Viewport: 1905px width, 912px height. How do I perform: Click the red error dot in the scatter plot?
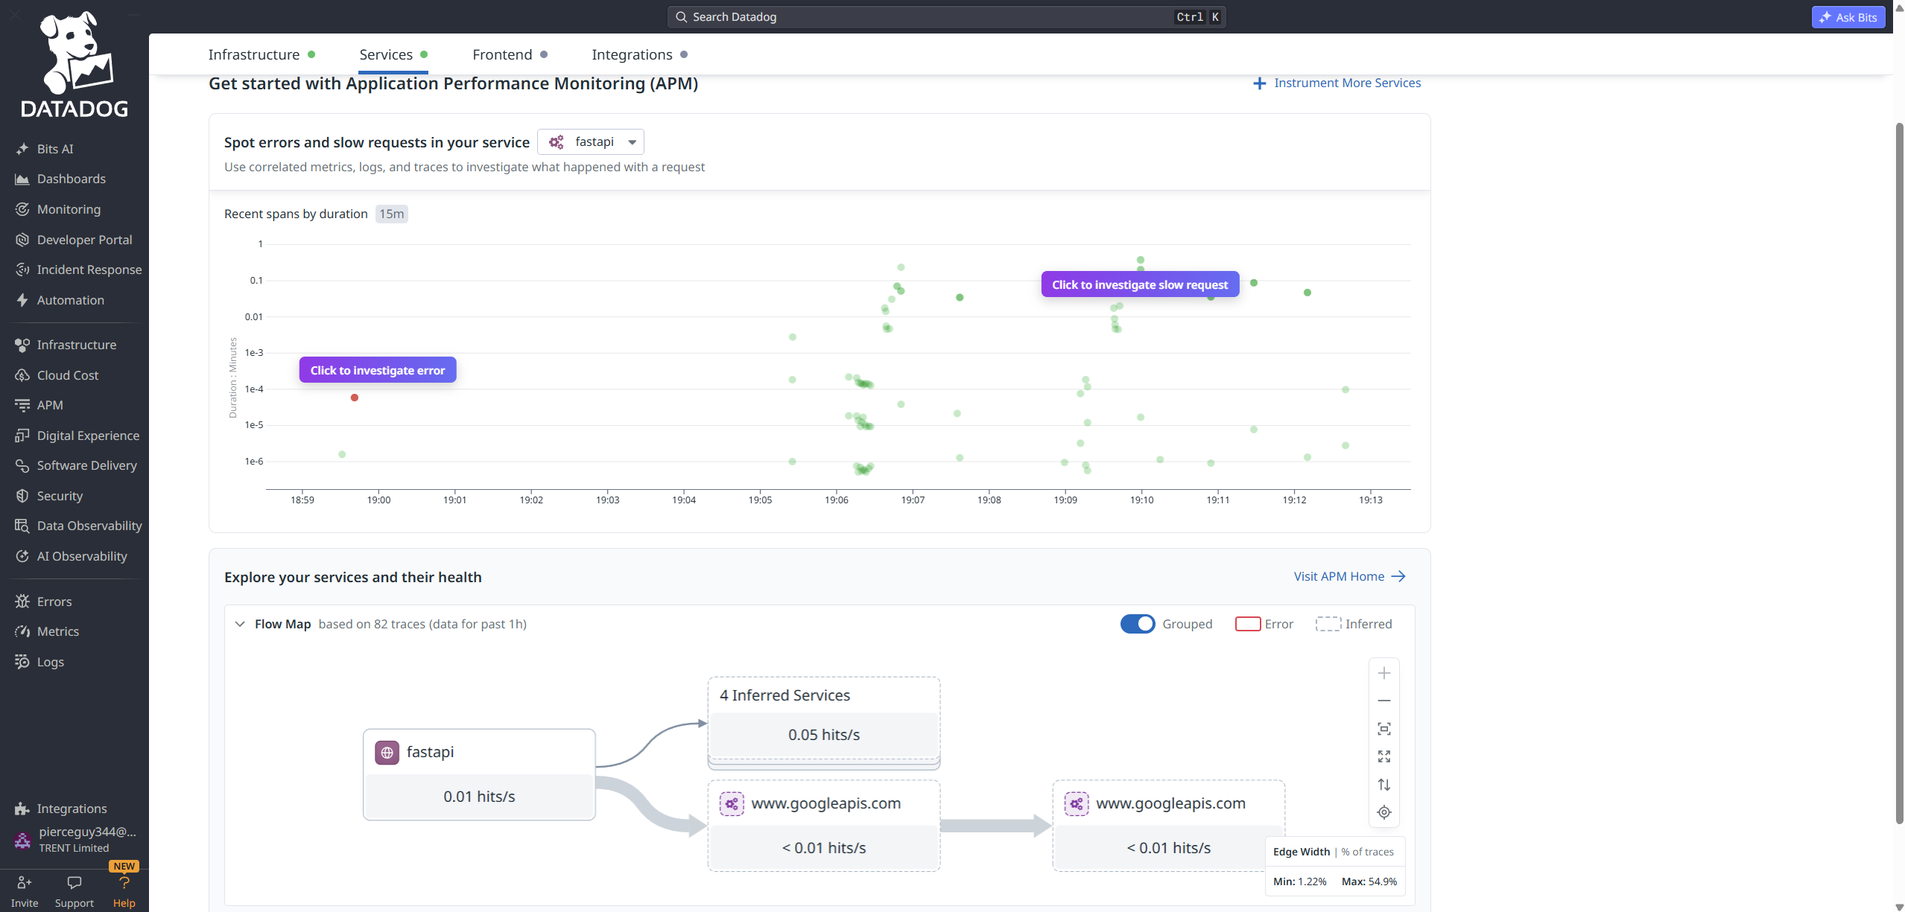coord(355,398)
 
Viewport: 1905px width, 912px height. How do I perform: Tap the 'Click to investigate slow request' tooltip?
coord(1140,284)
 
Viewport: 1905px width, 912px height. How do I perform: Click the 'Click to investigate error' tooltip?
coord(378,370)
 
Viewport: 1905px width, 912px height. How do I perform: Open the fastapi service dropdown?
coord(591,141)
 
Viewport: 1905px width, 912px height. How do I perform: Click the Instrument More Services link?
coord(1337,83)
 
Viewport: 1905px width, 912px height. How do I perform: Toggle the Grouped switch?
coord(1138,624)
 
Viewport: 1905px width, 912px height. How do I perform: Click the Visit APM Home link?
coord(1349,576)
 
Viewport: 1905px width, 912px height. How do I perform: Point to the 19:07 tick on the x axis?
coord(913,500)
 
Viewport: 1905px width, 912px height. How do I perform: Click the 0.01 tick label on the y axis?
coord(254,316)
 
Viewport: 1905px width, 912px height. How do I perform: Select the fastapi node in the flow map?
coord(479,774)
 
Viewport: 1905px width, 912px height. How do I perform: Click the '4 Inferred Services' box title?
coord(784,695)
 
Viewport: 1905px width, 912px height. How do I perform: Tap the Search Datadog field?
coord(946,17)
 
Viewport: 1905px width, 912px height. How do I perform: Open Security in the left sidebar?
coord(60,496)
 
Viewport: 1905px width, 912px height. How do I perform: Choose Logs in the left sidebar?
coord(50,662)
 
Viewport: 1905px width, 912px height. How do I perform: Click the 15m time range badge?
coord(391,214)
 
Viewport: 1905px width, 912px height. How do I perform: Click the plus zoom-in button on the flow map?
coord(1384,673)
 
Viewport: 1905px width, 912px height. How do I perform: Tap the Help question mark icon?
coord(124,883)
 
